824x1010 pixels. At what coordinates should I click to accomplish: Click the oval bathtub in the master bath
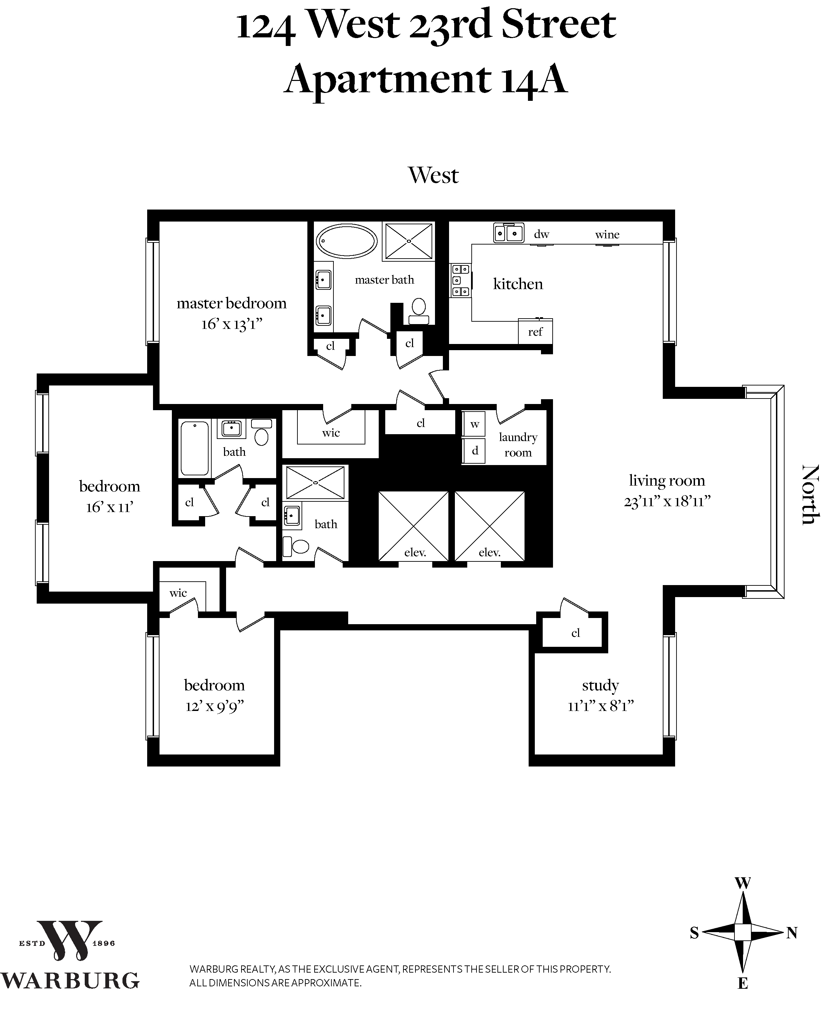click(x=346, y=241)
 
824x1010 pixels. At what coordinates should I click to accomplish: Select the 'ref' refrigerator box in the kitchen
click(x=535, y=332)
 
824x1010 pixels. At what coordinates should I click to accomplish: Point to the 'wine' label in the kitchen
click(x=607, y=234)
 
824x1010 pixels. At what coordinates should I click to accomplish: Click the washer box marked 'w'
click(x=474, y=424)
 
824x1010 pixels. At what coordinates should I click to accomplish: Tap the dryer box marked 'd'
click(x=474, y=451)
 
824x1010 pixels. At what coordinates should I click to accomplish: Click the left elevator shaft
click(x=413, y=526)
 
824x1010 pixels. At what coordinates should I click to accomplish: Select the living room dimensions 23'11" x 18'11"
click(x=667, y=501)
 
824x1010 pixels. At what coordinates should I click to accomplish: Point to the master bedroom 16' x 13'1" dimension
click(x=232, y=324)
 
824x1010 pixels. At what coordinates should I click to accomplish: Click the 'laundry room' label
click(x=518, y=444)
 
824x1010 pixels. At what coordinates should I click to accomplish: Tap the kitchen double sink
click(x=508, y=233)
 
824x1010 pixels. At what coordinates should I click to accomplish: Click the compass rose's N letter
click(x=791, y=933)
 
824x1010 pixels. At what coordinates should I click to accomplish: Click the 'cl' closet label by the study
click(x=575, y=632)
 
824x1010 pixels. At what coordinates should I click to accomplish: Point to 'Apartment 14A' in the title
click(x=426, y=79)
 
